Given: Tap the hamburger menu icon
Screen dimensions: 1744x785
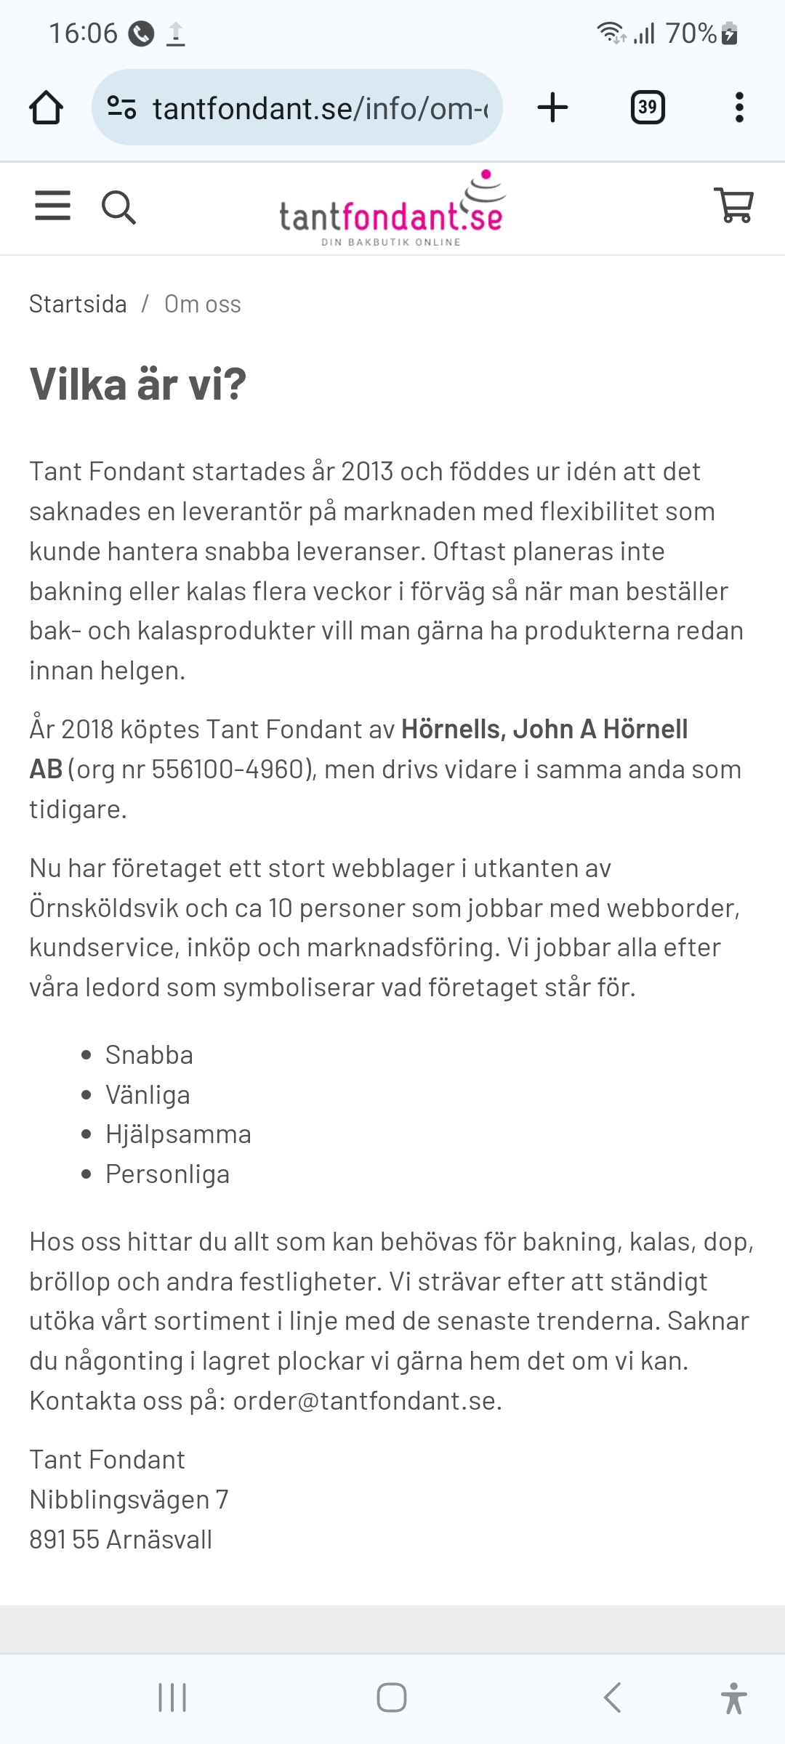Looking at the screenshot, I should tap(53, 206).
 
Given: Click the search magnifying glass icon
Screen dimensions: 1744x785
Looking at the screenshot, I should tap(118, 207).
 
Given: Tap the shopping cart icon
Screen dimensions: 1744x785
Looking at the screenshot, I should tap(734, 206).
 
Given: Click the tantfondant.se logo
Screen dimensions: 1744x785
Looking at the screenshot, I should tap(392, 210).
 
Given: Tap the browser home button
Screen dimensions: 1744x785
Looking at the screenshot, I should tap(46, 108).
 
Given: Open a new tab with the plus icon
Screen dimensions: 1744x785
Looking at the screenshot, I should tap(552, 108).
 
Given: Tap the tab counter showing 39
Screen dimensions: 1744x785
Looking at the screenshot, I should tap(647, 108).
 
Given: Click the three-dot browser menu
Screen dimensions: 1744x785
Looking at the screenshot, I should tap(739, 108).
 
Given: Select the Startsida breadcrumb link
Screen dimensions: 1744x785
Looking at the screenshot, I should tap(78, 304).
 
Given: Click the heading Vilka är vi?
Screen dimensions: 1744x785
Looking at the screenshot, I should tap(138, 384).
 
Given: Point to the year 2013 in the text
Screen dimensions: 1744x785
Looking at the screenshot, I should tap(367, 472).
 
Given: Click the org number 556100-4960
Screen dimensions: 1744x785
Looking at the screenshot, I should tap(228, 769).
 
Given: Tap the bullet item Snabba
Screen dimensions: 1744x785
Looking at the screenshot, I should tap(149, 1054).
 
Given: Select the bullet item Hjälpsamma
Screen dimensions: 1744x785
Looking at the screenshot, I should tap(178, 1134).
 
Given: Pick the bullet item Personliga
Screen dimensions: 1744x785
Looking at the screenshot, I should tap(167, 1174).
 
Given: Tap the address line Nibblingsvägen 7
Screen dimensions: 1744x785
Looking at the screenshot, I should tap(129, 1499).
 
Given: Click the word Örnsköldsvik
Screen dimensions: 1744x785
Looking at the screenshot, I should tap(102, 908).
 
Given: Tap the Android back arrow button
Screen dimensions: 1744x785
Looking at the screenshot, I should tap(612, 1697).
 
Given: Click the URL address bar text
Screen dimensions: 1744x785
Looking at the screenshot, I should tap(320, 108).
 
